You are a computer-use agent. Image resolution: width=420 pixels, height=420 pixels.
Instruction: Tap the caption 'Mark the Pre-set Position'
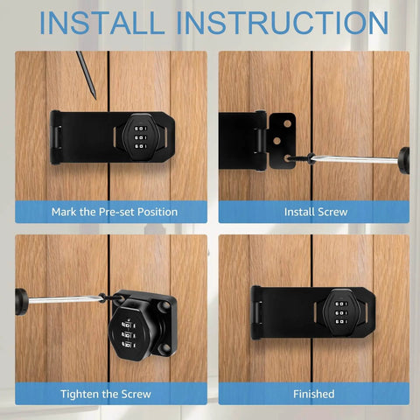pyautogui.click(x=114, y=212)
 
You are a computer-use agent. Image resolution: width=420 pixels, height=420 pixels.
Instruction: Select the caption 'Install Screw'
pyautogui.click(x=315, y=212)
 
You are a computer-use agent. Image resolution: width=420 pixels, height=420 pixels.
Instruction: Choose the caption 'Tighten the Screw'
pyautogui.click(x=114, y=394)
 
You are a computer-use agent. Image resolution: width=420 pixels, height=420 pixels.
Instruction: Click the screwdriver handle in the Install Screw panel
pyautogui.click(x=403, y=161)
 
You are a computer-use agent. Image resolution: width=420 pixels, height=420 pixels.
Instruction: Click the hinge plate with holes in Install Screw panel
pyautogui.click(x=286, y=137)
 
